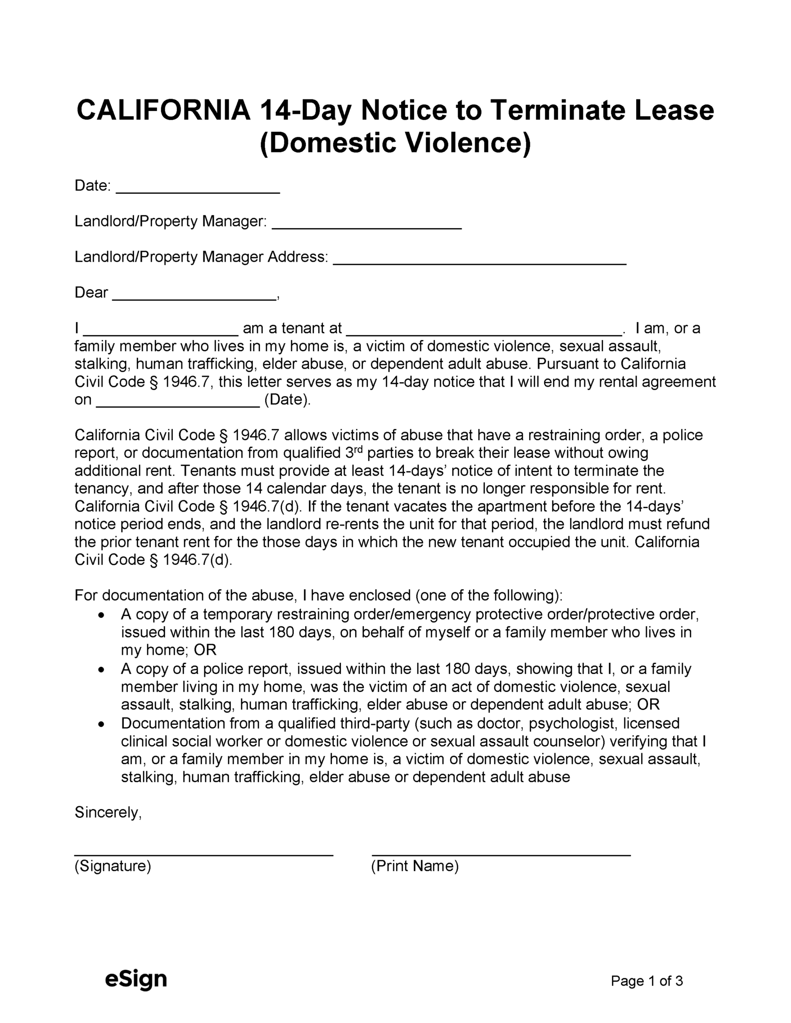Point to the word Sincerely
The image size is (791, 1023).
pyautogui.click(x=108, y=813)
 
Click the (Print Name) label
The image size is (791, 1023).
pyautogui.click(x=415, y=866)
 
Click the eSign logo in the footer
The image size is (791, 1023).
pyautogui.click(x=135, y=980)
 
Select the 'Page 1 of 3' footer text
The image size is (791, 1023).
pyautogui.click(x=646, y=981)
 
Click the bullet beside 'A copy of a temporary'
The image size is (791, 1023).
pyautogui.click(x=102, y=615)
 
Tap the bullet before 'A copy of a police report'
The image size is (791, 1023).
pyautogui.click(x=102, y=670)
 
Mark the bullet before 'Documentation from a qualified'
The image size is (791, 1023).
pyautogui.click(x=102, y=724)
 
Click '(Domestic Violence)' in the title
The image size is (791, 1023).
pyautogui.click(x=395, y=143)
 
